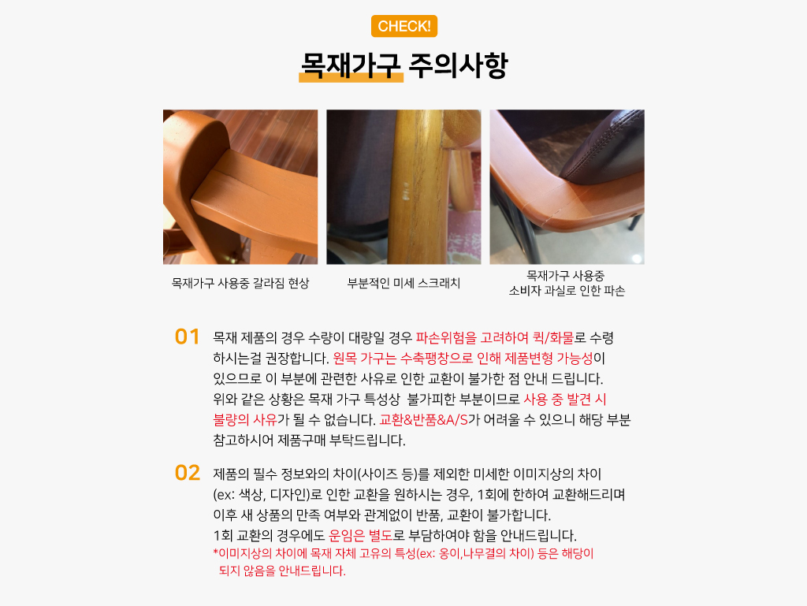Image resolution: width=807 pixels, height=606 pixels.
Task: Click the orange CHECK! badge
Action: [404, 26]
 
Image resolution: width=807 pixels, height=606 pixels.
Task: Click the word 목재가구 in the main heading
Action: [351, 65]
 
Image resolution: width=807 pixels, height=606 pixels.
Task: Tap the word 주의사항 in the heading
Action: [458, 65]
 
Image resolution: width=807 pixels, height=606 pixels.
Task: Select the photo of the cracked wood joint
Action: [240, 187]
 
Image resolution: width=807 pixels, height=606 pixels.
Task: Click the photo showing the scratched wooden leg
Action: [403, 187]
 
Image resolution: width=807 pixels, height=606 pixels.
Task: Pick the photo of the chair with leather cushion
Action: [567, 187]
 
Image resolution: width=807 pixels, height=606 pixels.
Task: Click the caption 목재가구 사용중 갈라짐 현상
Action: [240, 283]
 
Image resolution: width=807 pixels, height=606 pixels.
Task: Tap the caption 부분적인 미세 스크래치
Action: [403, 283]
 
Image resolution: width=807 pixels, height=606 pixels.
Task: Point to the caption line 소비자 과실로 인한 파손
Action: [567, 291]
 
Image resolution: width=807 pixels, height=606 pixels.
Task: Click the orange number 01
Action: [187, 337]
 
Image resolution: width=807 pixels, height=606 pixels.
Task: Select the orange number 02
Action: [188, 473]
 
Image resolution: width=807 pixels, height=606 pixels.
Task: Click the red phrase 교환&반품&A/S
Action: [423, 420]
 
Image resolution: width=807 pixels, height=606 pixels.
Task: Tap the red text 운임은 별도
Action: [361, 536]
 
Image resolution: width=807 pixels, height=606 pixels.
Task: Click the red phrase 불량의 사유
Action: [245, 420]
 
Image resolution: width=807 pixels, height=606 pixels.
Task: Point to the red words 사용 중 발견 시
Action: [565, 400]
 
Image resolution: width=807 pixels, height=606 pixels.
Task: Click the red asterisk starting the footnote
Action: [216, 553]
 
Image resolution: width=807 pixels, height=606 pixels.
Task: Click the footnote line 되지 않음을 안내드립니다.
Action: [282, 571]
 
